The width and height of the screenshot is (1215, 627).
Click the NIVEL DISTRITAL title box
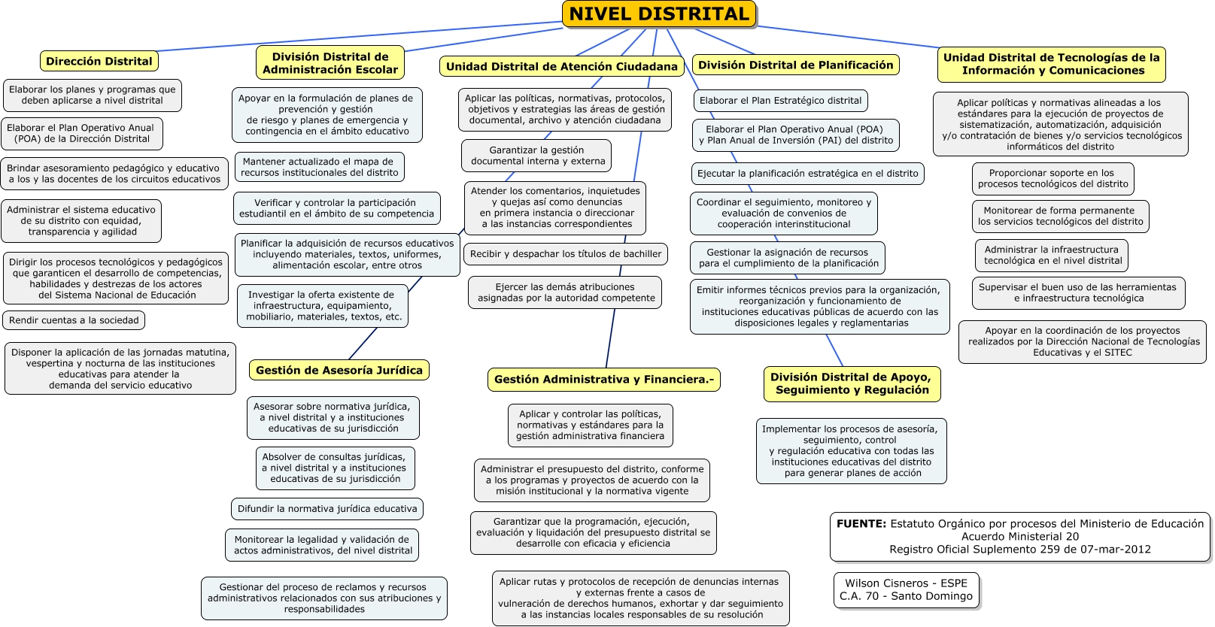[x=659, y=14]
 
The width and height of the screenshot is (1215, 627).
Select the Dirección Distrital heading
[x=99, y=61]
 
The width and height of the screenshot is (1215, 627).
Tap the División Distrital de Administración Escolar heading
[x=330, y=63]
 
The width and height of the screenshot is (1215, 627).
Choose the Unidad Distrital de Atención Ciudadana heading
[x=561, y=66]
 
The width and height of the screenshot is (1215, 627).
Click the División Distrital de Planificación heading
[x=795, y=65]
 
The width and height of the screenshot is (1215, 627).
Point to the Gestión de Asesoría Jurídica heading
[x=339, y=370]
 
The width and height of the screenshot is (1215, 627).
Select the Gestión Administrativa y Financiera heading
[x=603, y=380]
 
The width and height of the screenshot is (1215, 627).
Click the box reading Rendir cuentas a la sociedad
[x=74, y=320]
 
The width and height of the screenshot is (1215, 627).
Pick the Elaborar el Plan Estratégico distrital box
[x=780, y=101]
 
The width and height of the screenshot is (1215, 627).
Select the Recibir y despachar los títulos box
[x=566, y=254]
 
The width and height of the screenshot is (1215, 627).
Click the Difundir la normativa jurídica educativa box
[x=327, y=509]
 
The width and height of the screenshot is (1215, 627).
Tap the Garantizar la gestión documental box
[x=537, y=156]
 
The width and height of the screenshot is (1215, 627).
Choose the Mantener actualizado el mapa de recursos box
[x=319, y=167]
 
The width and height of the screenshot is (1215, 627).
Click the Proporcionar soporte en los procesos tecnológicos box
[x=1052, y=178]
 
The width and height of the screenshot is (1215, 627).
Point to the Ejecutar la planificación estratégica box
[x=807, y=174]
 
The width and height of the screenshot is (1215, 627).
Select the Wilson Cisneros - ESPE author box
[x=906, y=590]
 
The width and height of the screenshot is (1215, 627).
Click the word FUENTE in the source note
[x=861, y=524]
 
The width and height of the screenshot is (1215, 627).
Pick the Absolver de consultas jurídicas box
[x=335, y=468]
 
